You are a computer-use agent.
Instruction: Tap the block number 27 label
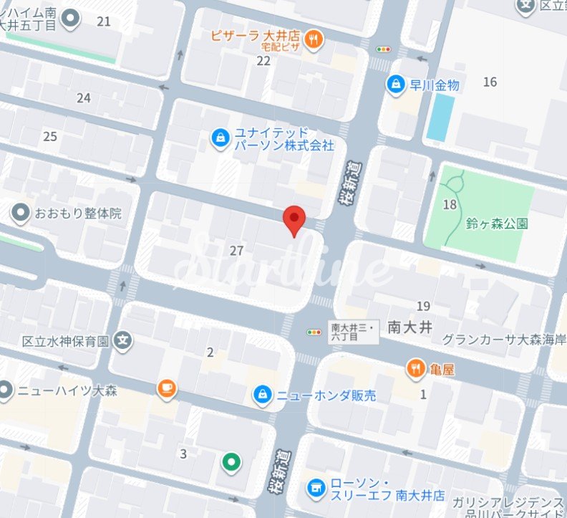[237, 250]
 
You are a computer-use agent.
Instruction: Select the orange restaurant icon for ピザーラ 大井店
[313, 40]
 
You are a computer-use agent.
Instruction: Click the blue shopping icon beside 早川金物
[395, 85]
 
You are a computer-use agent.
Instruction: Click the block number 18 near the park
[450, 205]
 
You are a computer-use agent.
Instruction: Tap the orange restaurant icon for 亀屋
[416, 369]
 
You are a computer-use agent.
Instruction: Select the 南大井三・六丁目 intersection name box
[353, 332]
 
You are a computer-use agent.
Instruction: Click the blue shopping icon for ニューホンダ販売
[263, 395]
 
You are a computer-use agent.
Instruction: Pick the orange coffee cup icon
[167, 388]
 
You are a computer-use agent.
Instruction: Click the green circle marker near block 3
[230, 463]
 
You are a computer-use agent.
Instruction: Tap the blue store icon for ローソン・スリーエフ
[314, 489]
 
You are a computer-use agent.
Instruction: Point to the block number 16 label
[490, 82]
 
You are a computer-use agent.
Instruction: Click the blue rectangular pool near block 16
[441, 117]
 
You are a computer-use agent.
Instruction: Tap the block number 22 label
[263, 61]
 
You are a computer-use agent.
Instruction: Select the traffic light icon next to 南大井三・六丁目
[314, 332]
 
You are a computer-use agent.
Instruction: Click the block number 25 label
[50, 136]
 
